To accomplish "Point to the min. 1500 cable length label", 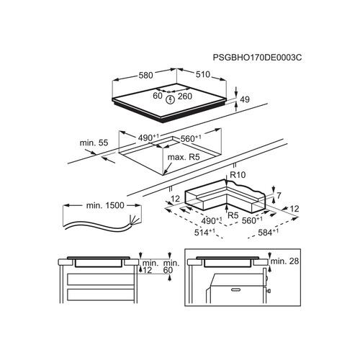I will point(106,205).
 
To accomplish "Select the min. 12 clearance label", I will point(150,267).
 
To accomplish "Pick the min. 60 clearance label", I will point(171,267).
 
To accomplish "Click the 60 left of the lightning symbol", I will point(158,96).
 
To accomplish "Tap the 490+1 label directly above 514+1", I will point(211,220).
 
